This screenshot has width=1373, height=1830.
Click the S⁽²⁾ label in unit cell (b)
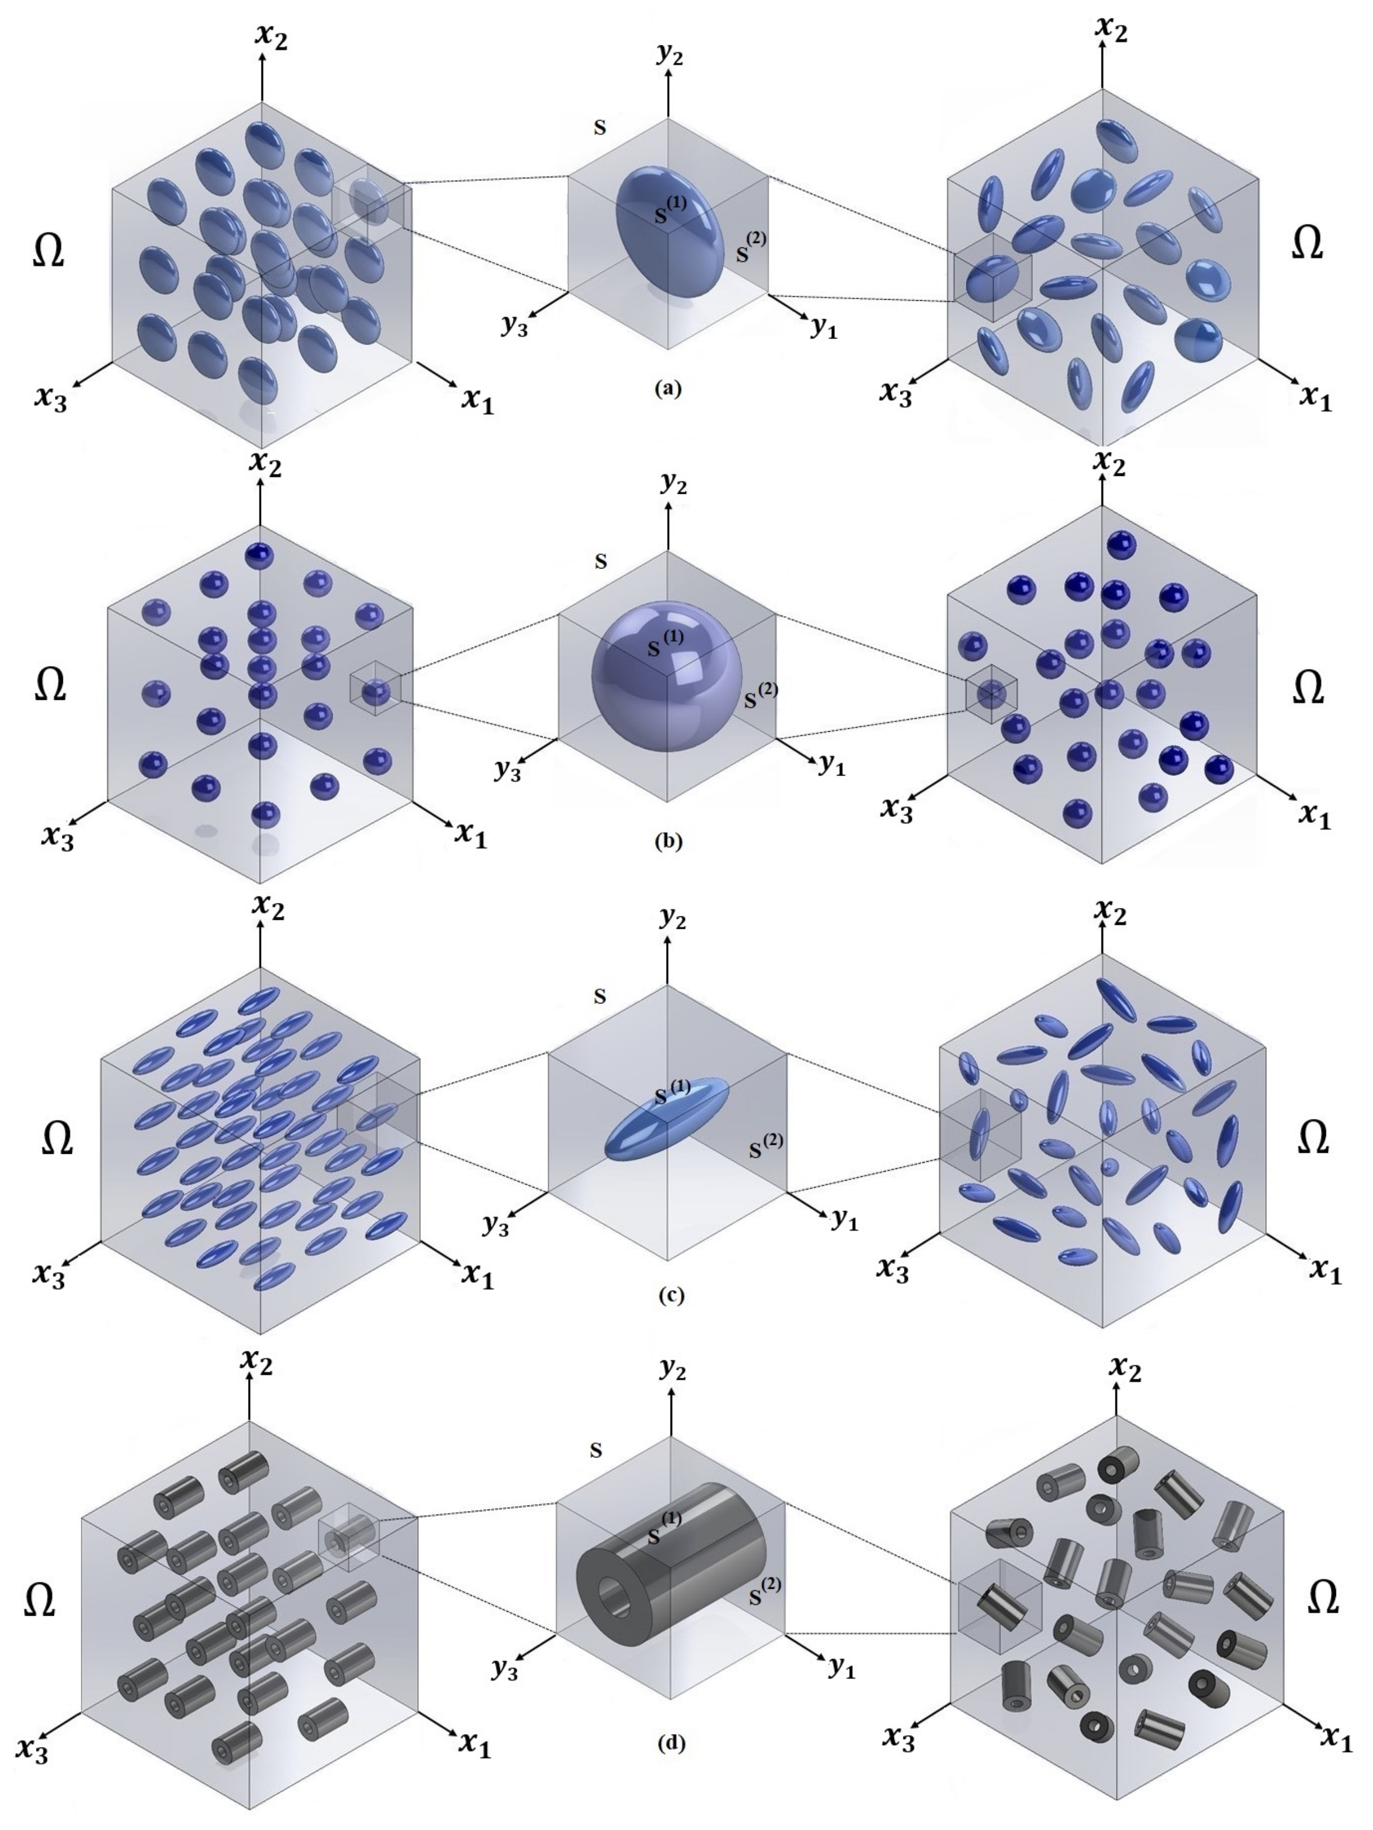pyautogui.click(x=761, y=698)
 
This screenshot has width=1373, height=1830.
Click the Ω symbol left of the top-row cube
pyautogui.click(x=48, y=251)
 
